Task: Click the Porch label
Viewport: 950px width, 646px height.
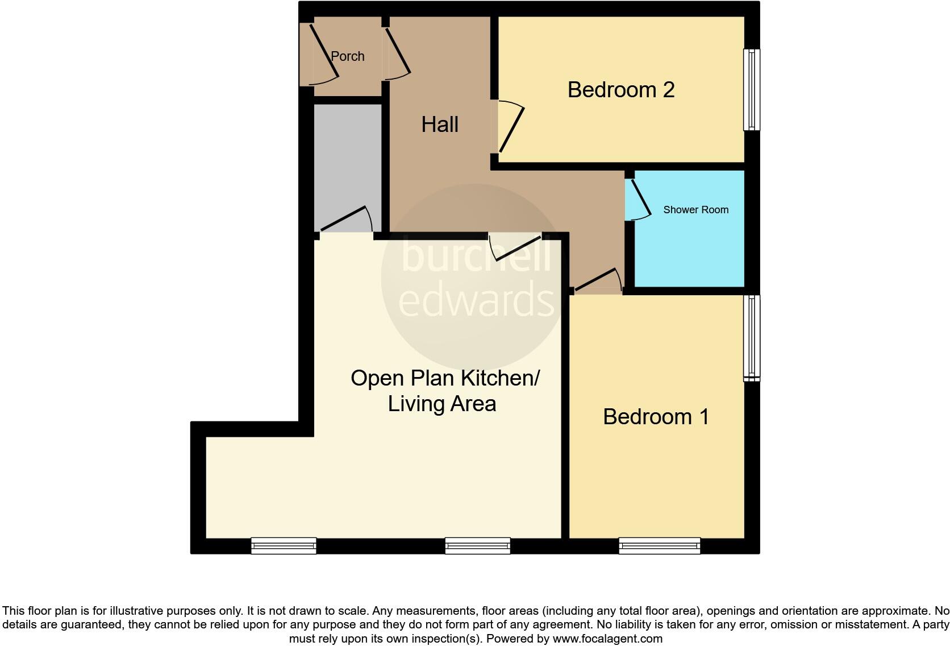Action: tap(347, 56)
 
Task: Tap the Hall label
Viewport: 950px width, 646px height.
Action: tap(440, 125)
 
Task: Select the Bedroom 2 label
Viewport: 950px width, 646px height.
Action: tap(621, 90)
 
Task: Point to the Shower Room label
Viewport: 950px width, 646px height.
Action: tap(695, 210)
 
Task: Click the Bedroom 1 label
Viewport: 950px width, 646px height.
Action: tap(656, 417)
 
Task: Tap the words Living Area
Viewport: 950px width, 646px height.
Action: tap(442, 404)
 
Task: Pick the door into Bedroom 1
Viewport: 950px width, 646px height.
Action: tap(597, 281)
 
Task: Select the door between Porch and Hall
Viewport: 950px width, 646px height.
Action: tap(398, 52)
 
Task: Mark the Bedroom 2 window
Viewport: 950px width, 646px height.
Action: tap(752, 90)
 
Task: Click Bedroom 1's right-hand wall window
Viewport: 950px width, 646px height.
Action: tap(752, 337)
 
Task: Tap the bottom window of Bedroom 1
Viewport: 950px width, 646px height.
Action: tap(660, 546)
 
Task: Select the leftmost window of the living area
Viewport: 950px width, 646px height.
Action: tap(284, 546)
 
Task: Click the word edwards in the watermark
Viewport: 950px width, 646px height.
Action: tap(476, 300)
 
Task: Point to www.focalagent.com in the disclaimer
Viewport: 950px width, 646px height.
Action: tap(607, 639)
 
